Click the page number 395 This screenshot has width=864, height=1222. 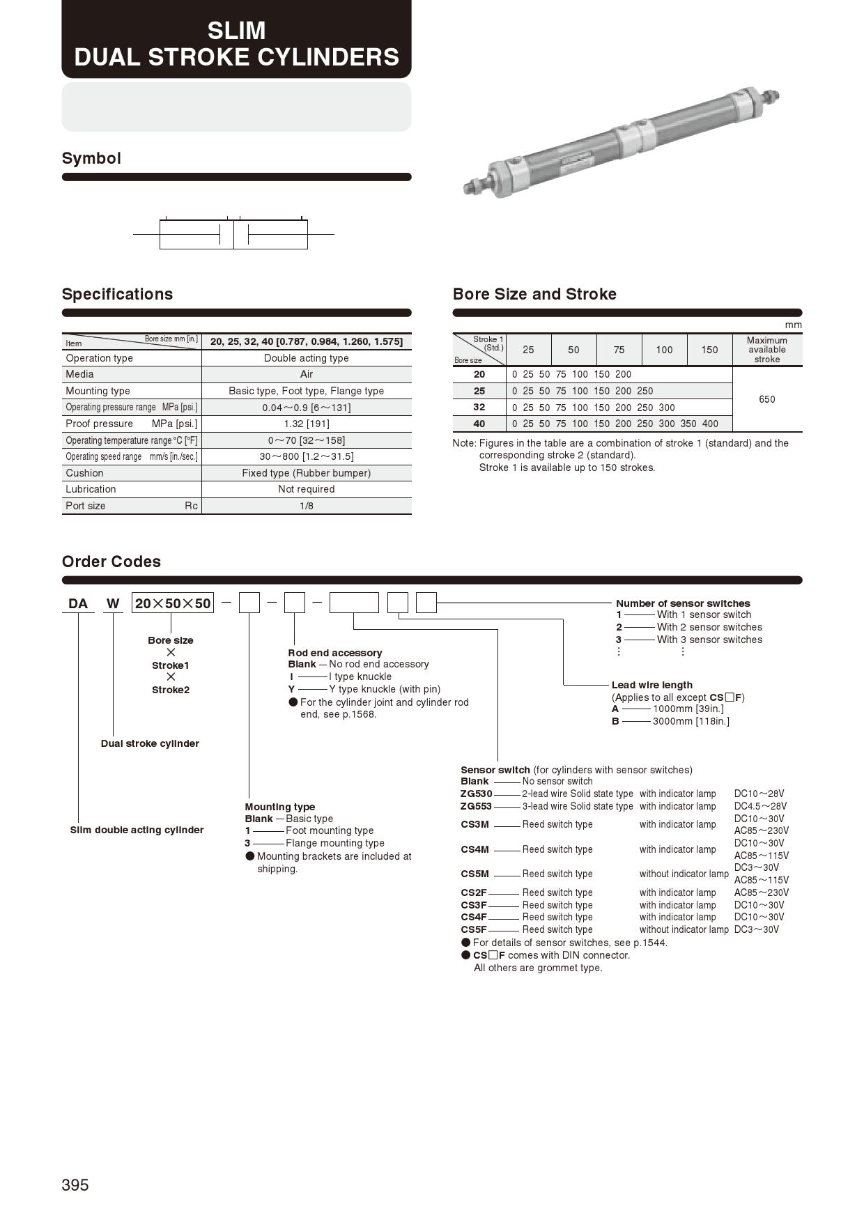pos(75,1185)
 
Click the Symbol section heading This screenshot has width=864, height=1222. pos(91,158)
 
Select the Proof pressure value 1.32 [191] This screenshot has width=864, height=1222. pos(307,424)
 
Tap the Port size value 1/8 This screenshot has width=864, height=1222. pos(307,506)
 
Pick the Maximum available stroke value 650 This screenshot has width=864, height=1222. pos(766,399)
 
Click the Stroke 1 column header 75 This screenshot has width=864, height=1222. pos(619,350)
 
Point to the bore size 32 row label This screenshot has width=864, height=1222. pos(479,407)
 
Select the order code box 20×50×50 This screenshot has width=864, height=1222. pos(173,603)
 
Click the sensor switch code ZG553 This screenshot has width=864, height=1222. pos(476,806)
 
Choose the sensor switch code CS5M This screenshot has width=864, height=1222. pos(475,874)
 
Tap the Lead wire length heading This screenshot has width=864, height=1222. pos(651,685)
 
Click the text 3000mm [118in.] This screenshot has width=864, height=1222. pos(691,721)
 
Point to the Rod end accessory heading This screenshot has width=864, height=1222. pos(335,653)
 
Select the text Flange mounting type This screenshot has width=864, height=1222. pos(334,843)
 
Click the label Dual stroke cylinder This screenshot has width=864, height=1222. pos(150,743)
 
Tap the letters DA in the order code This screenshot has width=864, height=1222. pos(78,603)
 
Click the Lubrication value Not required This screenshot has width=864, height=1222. pos(307,489)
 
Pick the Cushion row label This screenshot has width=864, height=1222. pos(84,473)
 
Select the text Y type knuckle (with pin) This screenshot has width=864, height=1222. pos(385,689)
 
